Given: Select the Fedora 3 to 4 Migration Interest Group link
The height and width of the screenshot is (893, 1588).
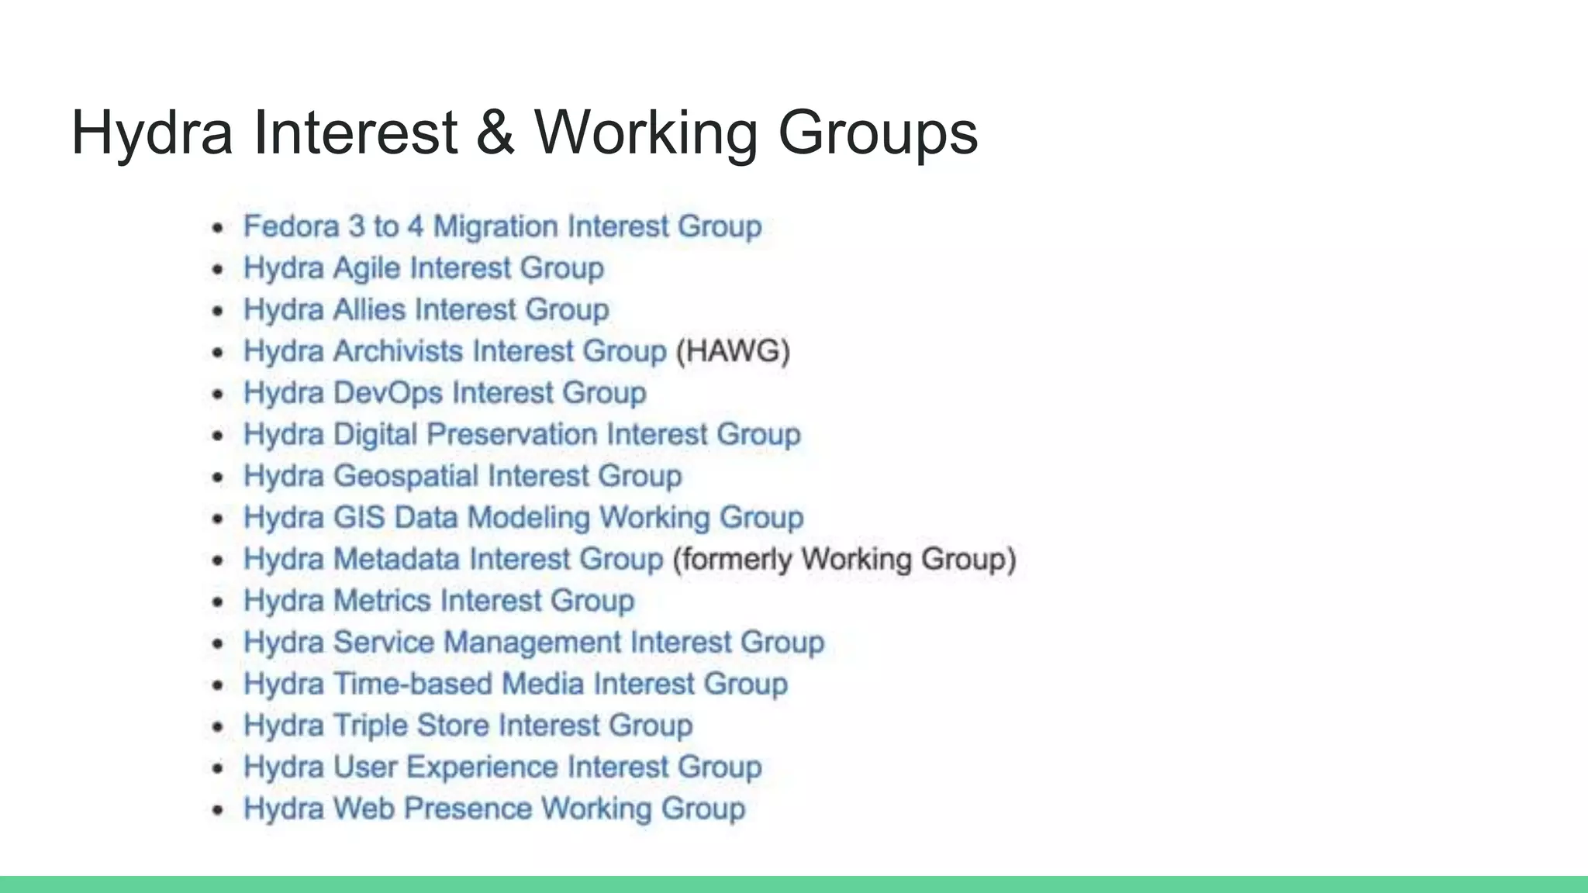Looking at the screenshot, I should click(x=502, y=226).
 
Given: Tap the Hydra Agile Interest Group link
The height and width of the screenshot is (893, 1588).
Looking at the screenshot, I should click(x=423, y=268).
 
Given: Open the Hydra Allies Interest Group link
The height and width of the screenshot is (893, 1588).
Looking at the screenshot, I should click(x=426, y=309).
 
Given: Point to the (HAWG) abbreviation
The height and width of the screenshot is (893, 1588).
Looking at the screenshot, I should click(x=733, y=351).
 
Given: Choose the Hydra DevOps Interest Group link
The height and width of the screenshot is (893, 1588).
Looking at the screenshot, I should click(x=444, y=393).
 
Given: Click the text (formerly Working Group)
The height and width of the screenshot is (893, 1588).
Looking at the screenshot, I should click(x=844, y=559).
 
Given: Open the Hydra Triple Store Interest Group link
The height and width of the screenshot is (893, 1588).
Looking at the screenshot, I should click(x=468, y=726).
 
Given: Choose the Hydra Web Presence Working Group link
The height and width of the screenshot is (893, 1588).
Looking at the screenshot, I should click(x=494, y=809).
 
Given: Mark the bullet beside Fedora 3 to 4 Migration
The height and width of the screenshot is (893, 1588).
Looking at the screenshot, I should click(x=218, y=227).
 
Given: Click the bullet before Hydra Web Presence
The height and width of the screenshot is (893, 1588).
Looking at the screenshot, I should click(x=218, y=810).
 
